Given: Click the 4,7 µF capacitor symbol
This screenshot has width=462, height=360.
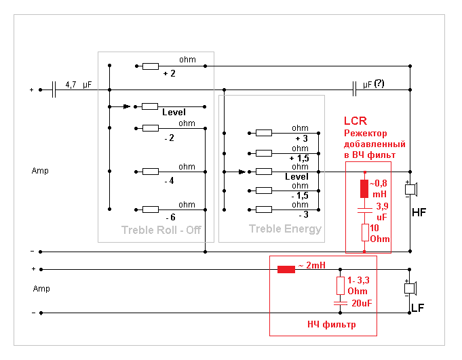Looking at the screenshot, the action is (x=54, y=89).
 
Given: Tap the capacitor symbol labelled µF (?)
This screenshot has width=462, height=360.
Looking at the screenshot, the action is (x=354, y=89).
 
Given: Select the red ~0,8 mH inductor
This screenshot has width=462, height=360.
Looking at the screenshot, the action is (x=364, y=188).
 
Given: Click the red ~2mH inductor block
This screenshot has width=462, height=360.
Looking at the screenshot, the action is (x=286, y=269).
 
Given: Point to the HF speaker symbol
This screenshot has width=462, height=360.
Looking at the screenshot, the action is (x=411, y=189).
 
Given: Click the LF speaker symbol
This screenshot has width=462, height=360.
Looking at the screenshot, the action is (x=410, y=288).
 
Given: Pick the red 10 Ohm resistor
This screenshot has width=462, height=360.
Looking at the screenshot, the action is (x=365, y=233).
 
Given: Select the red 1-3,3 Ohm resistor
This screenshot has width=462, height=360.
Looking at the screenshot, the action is (x=341, y=285).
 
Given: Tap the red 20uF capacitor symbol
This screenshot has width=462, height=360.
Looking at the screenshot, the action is (x=341, y=303).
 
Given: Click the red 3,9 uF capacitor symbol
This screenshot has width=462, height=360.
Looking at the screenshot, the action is (x=365, y=210).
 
